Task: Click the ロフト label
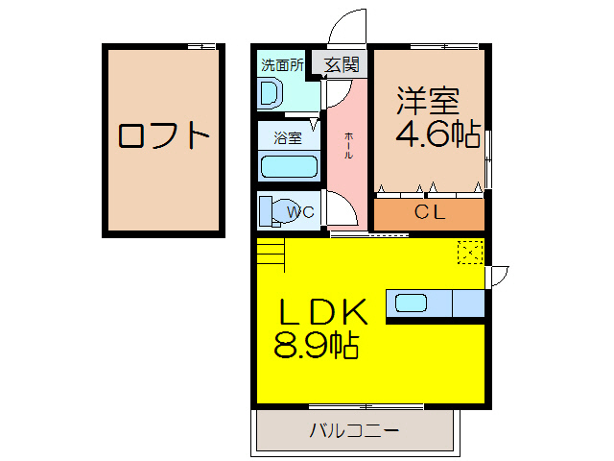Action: click(x=163, y=135)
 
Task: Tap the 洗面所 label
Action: click(x=283, y=65)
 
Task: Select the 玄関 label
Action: click(x=342, y=65)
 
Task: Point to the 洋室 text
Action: click(x=428, y=101)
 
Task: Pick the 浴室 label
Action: click(x=288, y=137)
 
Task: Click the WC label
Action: click(x=300, y=212)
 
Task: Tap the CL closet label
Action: click(x=429, y=213)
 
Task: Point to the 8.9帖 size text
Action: click(x=316, y=345)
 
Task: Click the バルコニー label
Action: click(x=353, y=430)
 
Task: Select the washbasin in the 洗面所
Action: click(x=271, y=93)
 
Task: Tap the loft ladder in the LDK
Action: click(x=272, y=255)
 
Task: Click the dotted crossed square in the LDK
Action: click(x=470, y=252)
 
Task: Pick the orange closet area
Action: click(x=429, y=214)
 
